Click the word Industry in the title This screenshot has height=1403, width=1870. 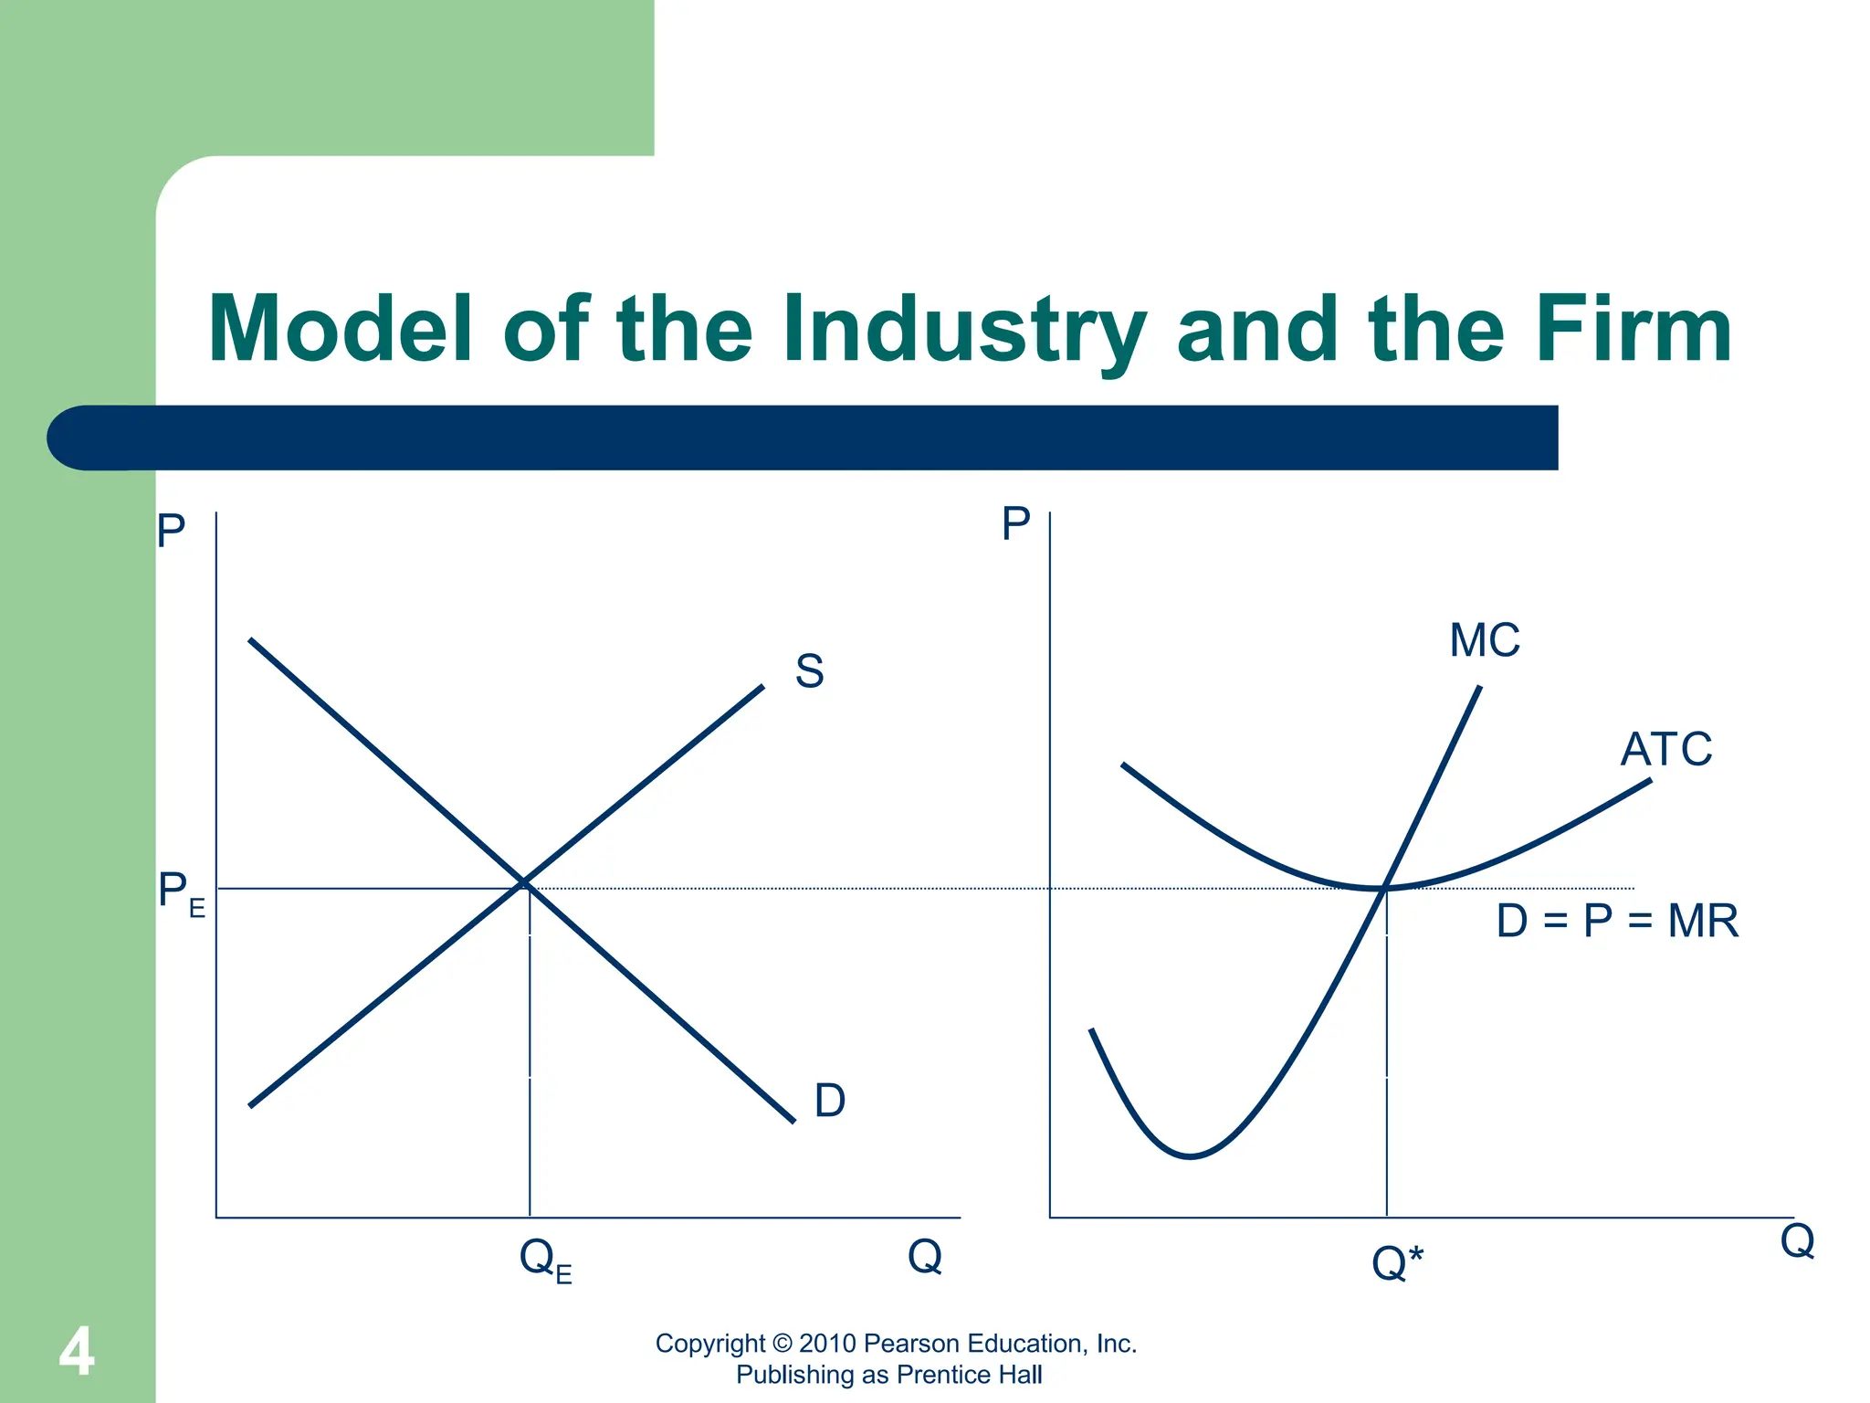click(963, 331)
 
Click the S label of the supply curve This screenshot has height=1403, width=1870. click(809, 671)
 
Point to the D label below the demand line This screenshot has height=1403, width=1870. click(829, 1100)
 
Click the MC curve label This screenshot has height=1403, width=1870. click(1484, 640)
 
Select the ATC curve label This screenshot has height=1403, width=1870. click(1665, 750)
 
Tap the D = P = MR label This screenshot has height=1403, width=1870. click(1616, 921)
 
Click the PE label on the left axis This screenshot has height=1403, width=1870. click(181, 892)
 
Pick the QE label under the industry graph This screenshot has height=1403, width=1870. click(544, 1261)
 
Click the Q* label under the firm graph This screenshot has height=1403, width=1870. click(1396, 1263)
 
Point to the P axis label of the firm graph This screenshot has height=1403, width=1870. click(1015, 524)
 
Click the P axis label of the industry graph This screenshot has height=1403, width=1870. click(171, 530)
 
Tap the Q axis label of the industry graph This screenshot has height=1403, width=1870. click(924, 1256)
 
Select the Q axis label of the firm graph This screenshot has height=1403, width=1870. click(1797, 1241)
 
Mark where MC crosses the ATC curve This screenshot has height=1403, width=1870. click(1385, 887)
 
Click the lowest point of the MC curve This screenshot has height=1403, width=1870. click(1190, 1156)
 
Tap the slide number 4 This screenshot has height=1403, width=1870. click(77, 1352)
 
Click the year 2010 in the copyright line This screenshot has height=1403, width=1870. click(827, 1343)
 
